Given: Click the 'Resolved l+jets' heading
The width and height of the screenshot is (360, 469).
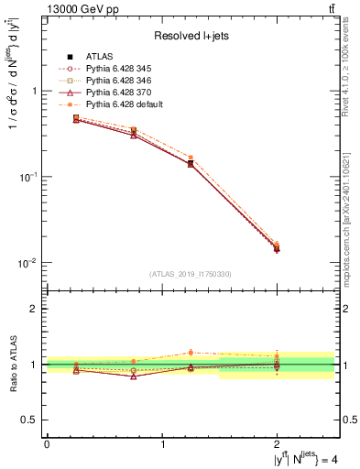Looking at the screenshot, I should [191, 36].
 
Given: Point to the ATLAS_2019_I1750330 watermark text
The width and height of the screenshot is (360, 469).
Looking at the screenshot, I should [191, 273].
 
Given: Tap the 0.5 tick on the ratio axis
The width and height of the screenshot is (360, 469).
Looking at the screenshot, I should [33, 420].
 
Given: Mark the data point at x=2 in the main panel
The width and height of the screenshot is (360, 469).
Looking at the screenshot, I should [277, 248].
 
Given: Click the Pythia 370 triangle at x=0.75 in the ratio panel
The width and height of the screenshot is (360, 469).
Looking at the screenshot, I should [134, 376].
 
